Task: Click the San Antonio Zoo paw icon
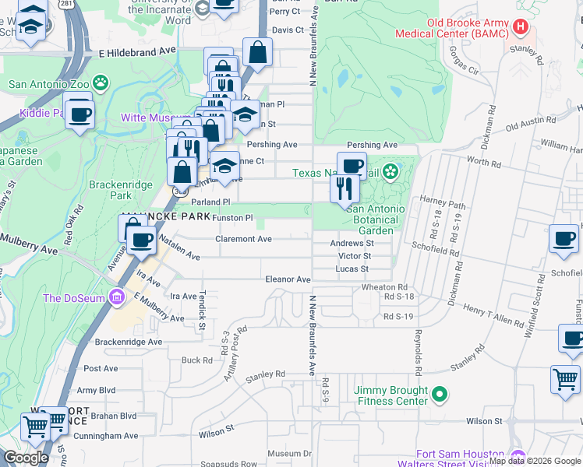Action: click(x=100, y=83)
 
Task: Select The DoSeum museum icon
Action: click(x=117, y=297)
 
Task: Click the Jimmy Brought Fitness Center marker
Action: click(x=440, y=395)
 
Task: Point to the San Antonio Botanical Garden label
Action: click(x=376, y=219)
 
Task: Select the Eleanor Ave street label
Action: click(x=288, y=279)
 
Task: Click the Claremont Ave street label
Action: click(x=243, y=239)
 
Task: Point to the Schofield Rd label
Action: click(x=437, y=252)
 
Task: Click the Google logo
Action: click(x=26, y=458)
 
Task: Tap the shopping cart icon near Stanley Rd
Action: click(x=565, y=381)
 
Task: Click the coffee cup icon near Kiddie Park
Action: click(x=79, y=114)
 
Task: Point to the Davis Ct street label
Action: click(x=288, y=30)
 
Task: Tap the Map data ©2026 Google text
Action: click(x=535, y=461)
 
